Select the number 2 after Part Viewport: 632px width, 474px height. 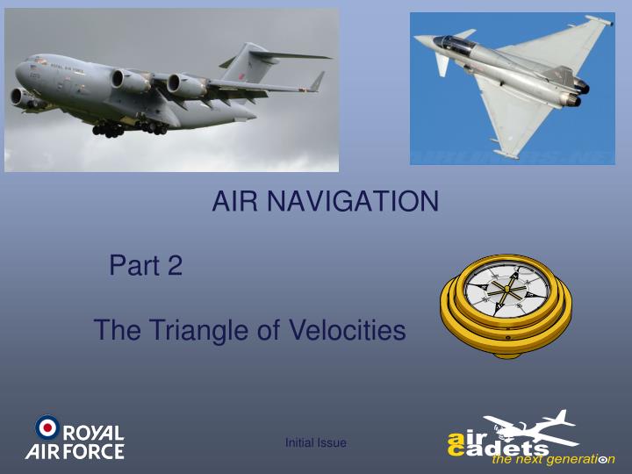(x=175, y=265)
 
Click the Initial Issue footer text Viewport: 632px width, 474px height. (x=316, y=443)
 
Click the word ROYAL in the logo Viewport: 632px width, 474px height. (x=94, y=434)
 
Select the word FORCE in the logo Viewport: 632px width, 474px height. (x=91, y=452)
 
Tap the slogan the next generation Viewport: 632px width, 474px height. (x=553, y=460)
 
